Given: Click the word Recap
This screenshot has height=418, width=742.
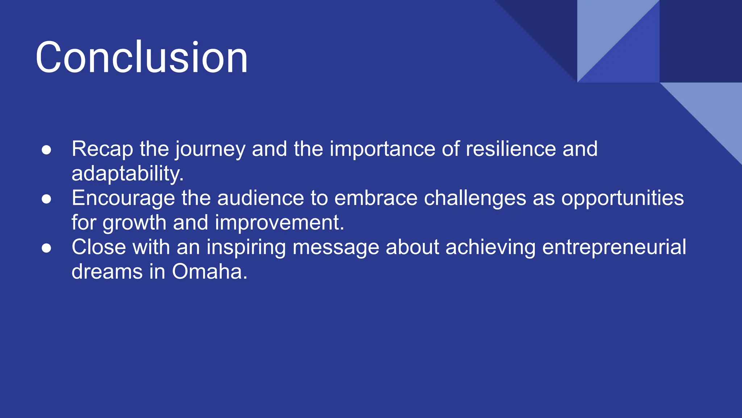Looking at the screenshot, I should (102, 149).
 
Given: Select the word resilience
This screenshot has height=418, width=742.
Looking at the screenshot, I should (510, 149).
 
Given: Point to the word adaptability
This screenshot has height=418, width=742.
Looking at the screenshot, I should (127, 174).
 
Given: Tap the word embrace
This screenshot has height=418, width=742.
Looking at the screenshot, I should (376, 198).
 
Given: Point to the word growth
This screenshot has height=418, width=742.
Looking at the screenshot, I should (134, 223).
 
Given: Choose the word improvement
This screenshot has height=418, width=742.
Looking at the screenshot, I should (279, 223).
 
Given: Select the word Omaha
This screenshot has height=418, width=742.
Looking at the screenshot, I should (209, 272).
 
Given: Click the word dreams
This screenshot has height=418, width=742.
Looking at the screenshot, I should (107, 272).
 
